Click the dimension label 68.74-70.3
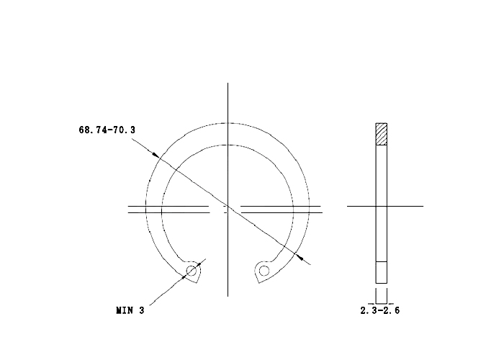107,130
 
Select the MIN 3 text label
130,310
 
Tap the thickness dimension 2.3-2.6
380,310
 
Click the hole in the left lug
192,271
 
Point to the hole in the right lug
264,271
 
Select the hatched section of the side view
381,134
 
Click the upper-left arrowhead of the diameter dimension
156,155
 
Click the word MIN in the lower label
124,310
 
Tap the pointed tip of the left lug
197,283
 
